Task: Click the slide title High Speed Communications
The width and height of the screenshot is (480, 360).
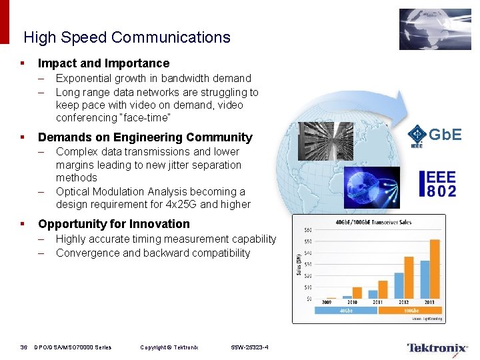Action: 127,37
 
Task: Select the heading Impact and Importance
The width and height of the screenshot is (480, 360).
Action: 103,63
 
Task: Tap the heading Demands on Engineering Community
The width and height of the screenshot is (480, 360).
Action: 145,137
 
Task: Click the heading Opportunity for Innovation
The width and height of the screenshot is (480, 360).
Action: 114,224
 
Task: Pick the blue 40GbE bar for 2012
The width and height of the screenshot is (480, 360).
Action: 399,285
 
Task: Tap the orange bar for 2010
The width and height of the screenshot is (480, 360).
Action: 357,293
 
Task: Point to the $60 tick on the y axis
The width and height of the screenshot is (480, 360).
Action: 308,230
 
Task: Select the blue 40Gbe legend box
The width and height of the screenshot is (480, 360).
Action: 346,310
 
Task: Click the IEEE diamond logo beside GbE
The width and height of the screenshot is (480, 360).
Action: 417,133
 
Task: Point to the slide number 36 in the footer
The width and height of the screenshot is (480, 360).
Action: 23,347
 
